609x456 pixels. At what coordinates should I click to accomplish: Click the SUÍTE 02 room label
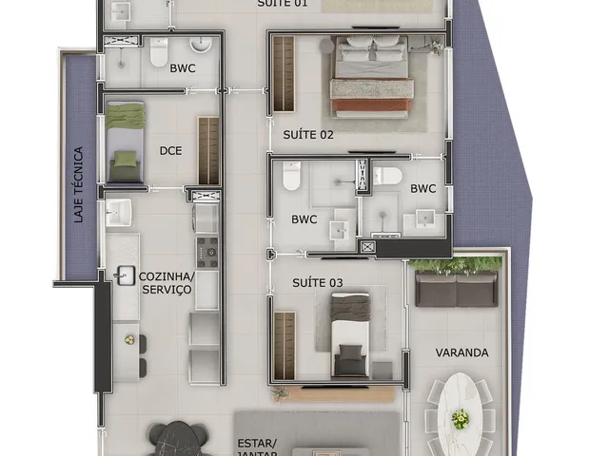click(x=308, y=135)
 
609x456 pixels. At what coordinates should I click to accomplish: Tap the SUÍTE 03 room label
click(x=317, y=283)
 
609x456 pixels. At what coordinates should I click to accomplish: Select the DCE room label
click(x=170, y=150)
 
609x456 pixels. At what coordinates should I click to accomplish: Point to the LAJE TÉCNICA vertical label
click(x=78, y=184)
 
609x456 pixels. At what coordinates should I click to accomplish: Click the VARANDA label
click(x=462, y=352)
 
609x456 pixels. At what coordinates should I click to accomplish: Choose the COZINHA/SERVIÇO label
click(x=167, y=283)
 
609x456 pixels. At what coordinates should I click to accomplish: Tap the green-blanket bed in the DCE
click(x=125, y=142)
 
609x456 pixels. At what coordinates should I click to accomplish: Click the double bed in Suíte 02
click(x=372, y=77)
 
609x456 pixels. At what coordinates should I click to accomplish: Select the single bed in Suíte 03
click(x=350, y=335)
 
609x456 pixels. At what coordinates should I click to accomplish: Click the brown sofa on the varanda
click(x=457, y=289)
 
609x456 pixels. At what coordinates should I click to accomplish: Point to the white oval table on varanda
click(x=461, y=414)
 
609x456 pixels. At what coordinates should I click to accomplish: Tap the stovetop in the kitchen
click(x=207, y=253)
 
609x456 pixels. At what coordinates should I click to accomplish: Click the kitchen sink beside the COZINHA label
click(x=125, y=275)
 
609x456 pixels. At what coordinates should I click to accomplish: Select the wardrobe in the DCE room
click(x=208, y=150)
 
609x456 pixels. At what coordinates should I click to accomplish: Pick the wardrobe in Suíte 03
click(x=285, y=346)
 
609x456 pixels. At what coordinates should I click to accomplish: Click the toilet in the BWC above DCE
click(x=159, y=52)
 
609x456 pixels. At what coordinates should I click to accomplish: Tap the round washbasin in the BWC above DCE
click(x=201, y=45)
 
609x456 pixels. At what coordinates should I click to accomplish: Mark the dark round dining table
click(x=178, y=439)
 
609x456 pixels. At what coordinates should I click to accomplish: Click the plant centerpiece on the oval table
click(x=461, y=419)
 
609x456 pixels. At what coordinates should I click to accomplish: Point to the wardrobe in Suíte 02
click(x=284, y=74)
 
